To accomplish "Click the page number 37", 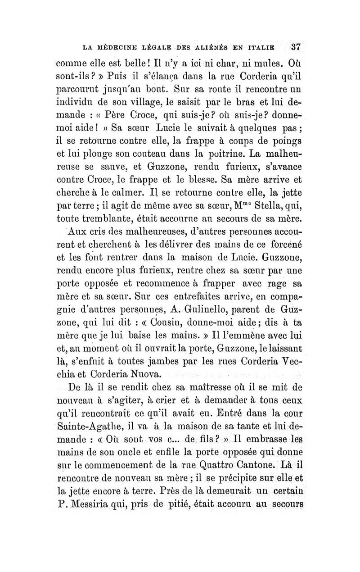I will click(x=296, y=46).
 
